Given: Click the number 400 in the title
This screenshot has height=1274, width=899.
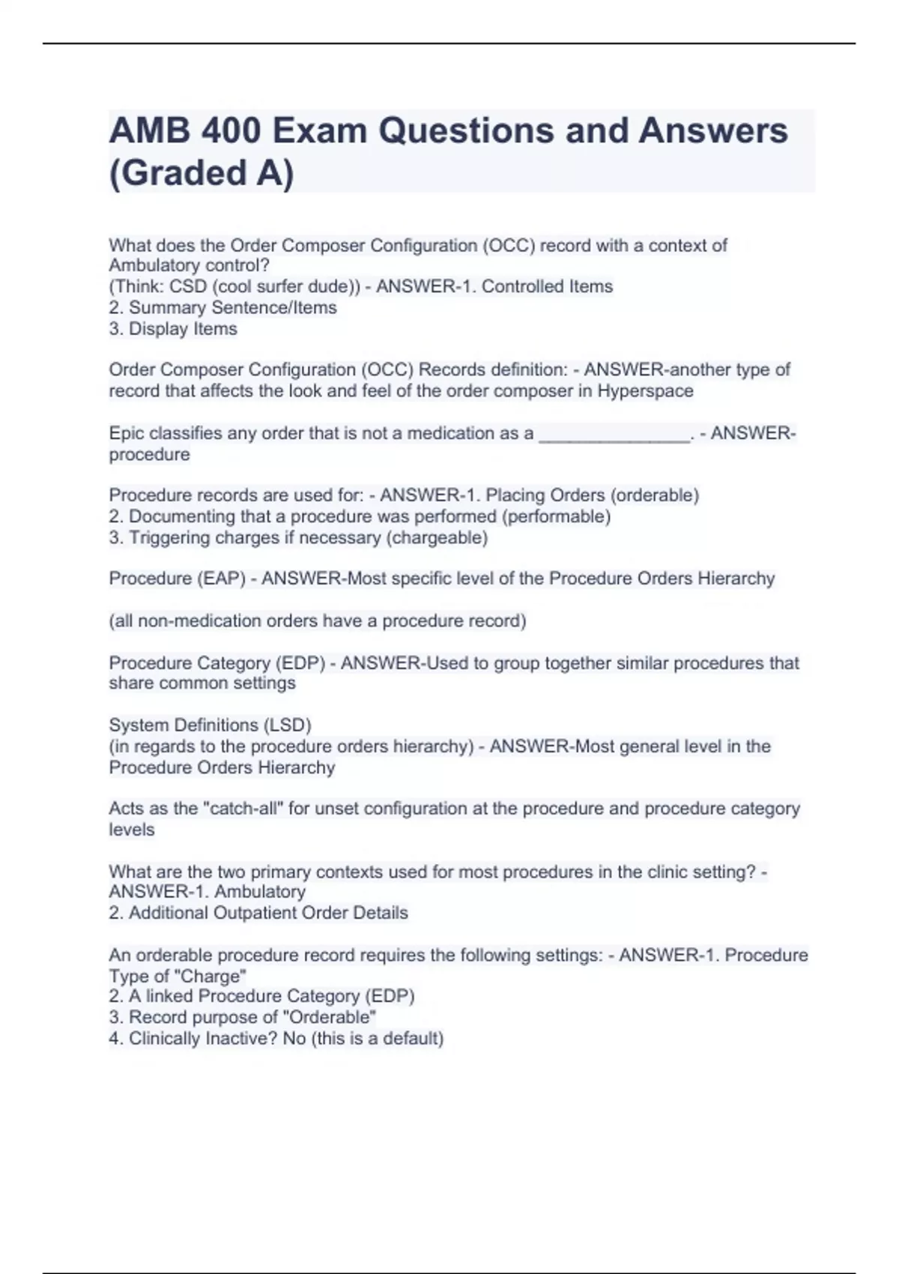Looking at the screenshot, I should click(x=230, y=131).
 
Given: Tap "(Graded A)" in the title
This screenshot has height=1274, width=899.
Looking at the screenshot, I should click(x=202, y=173).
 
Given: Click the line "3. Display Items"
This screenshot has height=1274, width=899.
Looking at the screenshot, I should click(x=173, y=329).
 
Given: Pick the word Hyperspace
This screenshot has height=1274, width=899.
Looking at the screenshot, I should click(x=645, y=391).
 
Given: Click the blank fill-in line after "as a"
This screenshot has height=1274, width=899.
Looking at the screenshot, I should click(x=614, y=434).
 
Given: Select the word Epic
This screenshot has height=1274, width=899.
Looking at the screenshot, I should click(x=127, y=433).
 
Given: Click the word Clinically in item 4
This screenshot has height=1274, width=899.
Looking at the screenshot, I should click(x=165, y=1039).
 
